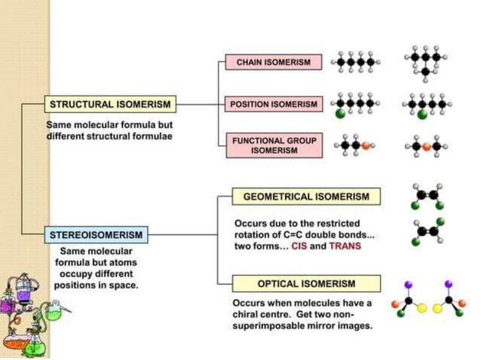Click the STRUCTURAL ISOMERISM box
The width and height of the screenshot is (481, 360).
(109, 104)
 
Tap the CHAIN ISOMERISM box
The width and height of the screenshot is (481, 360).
(274, 63)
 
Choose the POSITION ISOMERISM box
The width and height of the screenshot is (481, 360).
(274, 104)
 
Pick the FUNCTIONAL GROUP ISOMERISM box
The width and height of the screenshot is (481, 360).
(274, 145)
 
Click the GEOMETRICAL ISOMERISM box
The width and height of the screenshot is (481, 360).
(306, 197)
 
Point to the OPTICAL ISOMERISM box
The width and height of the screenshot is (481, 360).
(306, 284)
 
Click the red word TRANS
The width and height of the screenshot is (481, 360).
(345, 246)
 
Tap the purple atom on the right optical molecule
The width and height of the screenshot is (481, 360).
(449, 284)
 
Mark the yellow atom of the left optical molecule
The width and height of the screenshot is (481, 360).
(422, 309)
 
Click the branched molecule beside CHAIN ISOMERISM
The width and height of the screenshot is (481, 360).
(426, 63)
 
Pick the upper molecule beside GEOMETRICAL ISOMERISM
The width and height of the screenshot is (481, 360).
(426, 194)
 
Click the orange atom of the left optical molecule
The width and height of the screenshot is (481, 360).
(394, 305)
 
